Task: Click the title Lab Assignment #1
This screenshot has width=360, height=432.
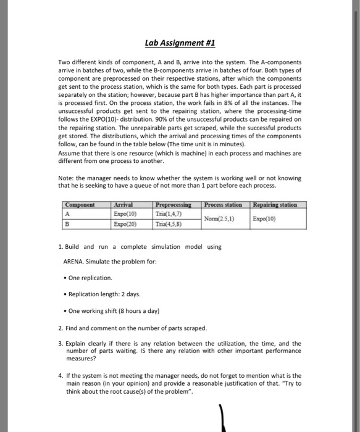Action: tap(180, 43)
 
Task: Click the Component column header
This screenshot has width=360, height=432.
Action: tap(82, 205)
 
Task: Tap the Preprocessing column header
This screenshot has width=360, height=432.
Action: tap(174, 205)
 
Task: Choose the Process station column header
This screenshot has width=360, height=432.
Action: tap(223, 205)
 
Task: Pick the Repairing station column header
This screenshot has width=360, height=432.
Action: tap(274, 205)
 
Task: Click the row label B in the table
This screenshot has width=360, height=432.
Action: tap(67, 225)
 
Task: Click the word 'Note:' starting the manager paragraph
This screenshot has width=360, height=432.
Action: tap(66, 179)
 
